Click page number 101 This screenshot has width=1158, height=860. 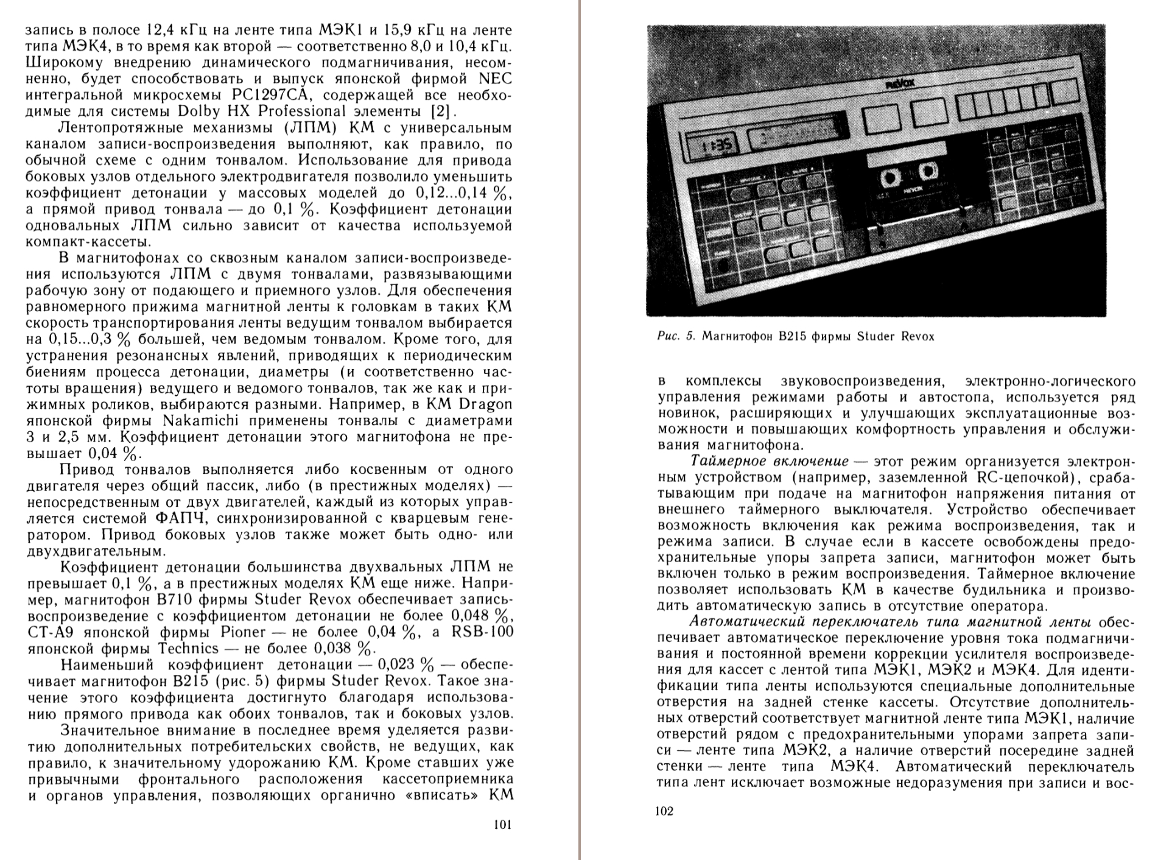502,825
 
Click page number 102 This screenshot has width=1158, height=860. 664,811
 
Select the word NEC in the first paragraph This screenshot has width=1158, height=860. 496,79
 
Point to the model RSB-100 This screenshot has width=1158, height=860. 482,632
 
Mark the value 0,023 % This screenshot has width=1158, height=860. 406,664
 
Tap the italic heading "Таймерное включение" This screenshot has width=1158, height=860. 770,461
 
